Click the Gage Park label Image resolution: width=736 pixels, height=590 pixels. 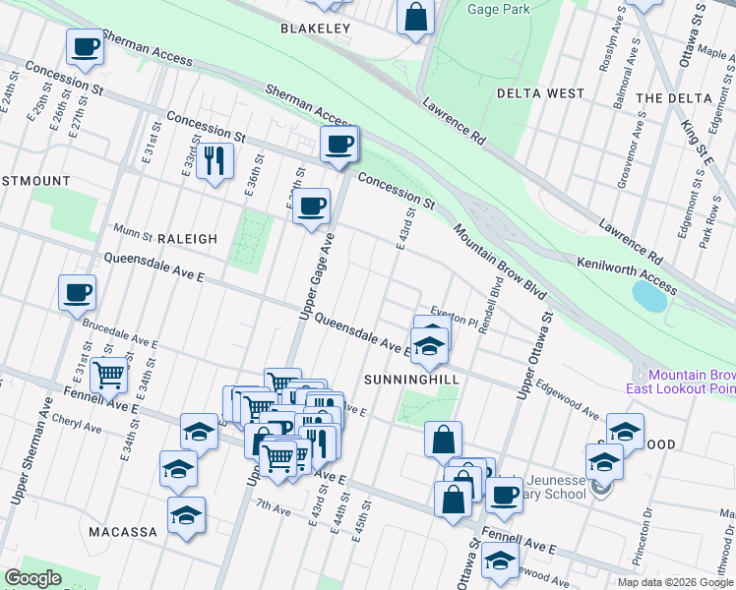click(499, 9)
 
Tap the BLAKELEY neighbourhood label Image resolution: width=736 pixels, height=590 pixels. click(315, 29)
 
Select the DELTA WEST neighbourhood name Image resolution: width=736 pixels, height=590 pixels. click(540, 93)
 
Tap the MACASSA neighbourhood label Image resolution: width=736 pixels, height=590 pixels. click(123, 532)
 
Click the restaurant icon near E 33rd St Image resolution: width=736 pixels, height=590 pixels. click(215, 159)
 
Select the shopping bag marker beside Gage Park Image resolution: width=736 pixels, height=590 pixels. click(416, 16)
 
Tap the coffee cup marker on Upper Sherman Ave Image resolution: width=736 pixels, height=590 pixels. click(77, 292)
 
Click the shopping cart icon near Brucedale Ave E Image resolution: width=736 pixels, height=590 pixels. click(108, 374)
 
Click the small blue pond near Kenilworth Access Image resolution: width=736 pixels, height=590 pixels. click(648, 294)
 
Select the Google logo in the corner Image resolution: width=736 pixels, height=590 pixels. click(32, 578)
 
